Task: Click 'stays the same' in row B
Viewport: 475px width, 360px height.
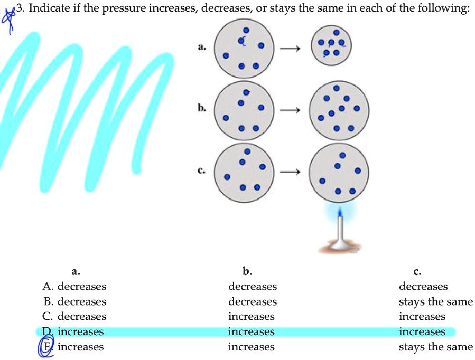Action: (436, 301)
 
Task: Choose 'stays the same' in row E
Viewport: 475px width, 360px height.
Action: (436, 347)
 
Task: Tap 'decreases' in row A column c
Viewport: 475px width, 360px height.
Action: (423, 287)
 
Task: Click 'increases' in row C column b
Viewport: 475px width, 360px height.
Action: (251, 317)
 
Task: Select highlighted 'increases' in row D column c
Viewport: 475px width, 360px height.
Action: (422, 331)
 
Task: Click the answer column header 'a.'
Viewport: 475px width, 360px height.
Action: (76, 272)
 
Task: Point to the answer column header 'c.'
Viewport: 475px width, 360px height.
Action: (417, 272)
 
